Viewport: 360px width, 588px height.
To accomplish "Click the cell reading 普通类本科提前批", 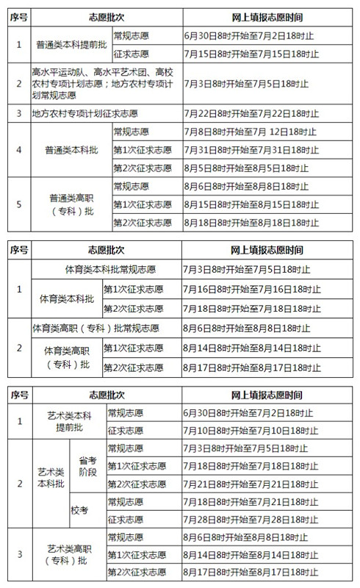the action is coord(71,44).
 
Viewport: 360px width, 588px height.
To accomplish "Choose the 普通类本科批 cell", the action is coord(71,150).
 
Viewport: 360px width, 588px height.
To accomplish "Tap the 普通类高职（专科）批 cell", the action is coord(71,204).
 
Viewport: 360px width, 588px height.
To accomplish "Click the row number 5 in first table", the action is coord(18,204).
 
